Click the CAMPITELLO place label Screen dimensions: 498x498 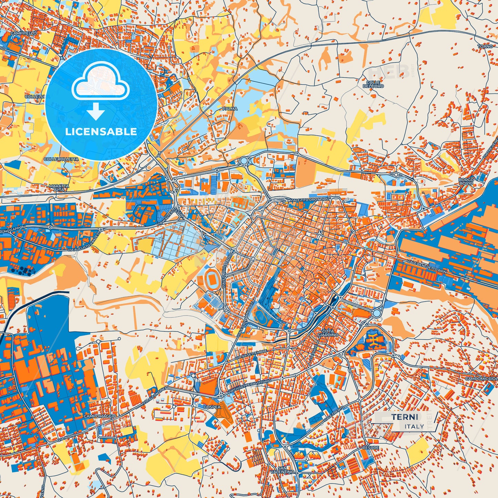pos(23,33)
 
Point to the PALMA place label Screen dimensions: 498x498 pos(230,109)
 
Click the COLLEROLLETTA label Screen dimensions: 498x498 pos(61,159)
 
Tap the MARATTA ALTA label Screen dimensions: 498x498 pos(59,187)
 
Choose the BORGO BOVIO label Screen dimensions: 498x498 pos(466,182)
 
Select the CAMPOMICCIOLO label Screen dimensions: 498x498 pos(481,378)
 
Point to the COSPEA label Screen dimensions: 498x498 pos(212,407)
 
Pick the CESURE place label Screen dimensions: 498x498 pos(370,448)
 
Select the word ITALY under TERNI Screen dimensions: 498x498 pos(414,426)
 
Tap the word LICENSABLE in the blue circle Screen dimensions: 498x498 pos(101,132)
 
